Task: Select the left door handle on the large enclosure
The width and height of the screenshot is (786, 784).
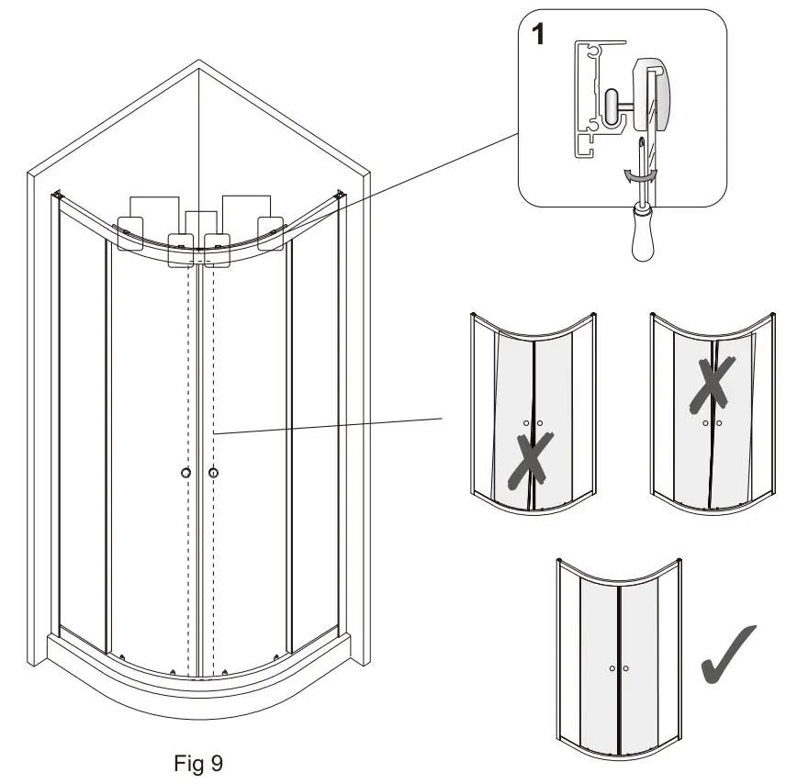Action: [186, 472]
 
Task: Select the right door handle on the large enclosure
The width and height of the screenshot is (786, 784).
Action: [214, 472]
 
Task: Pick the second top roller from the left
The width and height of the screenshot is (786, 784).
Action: [181, 247]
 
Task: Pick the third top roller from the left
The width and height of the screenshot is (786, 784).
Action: [217, 247]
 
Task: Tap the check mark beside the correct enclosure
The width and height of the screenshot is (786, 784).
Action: [729, 655]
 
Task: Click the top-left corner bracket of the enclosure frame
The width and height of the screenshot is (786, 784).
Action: [58, 195]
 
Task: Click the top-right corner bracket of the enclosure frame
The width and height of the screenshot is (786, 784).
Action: [342, 195]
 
